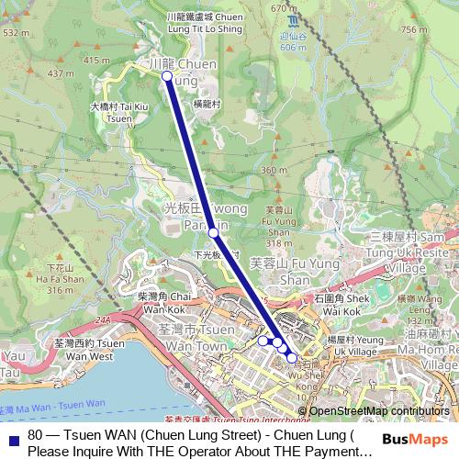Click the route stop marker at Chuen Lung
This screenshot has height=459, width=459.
point(167,77)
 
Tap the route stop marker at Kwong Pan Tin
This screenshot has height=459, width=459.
point(213,232)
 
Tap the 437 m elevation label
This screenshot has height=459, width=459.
point(60,73)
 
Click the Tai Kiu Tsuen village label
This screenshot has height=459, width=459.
point(119,112)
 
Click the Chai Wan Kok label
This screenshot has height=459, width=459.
point(164,303)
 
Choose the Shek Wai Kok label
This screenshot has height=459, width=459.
point(341,303)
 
